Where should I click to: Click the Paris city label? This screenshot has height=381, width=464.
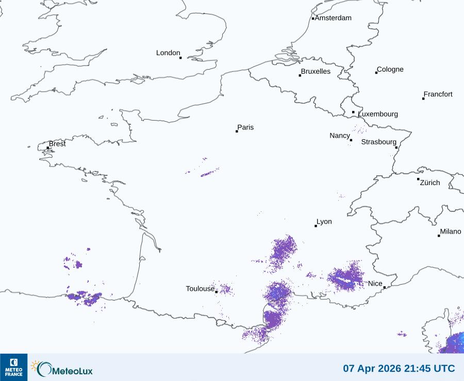[245, 128]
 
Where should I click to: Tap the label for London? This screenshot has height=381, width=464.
[168, 53]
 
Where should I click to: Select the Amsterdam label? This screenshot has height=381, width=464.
[333, 18]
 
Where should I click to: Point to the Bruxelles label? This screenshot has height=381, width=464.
[316, 72]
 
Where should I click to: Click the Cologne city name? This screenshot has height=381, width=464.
[390, 70]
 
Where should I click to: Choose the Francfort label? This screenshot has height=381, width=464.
[438, 94]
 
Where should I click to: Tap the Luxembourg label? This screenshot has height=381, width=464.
[378, 114]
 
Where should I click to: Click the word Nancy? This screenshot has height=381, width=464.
[340, 136]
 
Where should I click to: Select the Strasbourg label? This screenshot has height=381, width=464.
[378, 142]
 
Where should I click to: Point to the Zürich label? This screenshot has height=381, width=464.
[430, 183]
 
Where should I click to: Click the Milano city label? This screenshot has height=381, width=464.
[451, 232]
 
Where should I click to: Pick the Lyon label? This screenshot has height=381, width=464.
[324, 222]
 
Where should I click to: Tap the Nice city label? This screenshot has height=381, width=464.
[375, 284]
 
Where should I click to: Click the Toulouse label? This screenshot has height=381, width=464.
[200, 289]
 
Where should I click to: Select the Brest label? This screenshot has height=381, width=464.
[57, 144]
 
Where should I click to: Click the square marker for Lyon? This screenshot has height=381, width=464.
[316, 226]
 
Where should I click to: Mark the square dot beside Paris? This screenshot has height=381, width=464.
[237, 131]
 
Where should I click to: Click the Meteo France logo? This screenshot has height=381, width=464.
[13, 367]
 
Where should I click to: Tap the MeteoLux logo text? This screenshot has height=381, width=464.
[73, 370]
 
